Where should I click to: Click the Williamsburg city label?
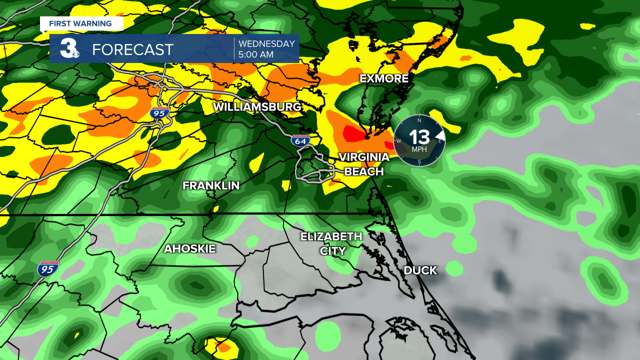point(257,107)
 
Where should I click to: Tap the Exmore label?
point(384,78)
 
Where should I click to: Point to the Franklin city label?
point(211,185)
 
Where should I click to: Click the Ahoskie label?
point(190,248)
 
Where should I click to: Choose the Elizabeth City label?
point(331,243)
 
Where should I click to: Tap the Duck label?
point(420,270)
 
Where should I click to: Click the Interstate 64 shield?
point(300,141)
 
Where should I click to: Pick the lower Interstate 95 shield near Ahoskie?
point(47,269)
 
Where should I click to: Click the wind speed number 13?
point(419,136)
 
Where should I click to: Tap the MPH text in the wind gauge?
point(419,149)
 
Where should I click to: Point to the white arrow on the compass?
point(440,135)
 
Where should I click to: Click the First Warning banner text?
point(80,23)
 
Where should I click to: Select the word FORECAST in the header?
point(133,49)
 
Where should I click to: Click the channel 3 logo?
point(68,48)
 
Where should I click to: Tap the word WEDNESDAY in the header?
point(266,43)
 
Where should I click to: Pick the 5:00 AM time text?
point(255,54)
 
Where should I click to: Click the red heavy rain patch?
point(354,133)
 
